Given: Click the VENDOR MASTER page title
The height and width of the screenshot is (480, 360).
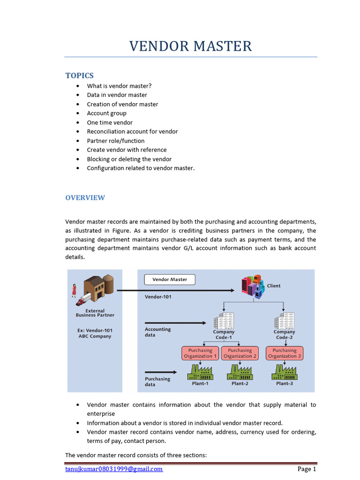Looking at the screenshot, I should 190,46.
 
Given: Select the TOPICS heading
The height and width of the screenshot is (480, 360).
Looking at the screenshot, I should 79,75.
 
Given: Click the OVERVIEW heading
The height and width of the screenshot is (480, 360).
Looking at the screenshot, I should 85,197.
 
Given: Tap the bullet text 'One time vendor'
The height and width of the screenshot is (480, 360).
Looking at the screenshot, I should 110,122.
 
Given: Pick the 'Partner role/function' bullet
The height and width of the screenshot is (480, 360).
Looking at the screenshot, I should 115,141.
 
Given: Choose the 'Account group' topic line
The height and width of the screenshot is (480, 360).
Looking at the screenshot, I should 106,113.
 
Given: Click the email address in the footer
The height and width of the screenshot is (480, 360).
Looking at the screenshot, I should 114,469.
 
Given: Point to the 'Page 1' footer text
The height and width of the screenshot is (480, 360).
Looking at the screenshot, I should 307,469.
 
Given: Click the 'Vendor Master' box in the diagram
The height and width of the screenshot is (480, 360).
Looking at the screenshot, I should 169,279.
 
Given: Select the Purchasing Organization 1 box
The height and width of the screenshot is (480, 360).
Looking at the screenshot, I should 200,353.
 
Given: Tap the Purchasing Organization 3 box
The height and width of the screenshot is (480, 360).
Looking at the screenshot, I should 285,353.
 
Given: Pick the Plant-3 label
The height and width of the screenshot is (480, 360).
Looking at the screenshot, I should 285,383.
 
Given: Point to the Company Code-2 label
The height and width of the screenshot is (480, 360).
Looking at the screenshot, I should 285,335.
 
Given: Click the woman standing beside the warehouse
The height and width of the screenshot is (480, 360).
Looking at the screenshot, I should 74,290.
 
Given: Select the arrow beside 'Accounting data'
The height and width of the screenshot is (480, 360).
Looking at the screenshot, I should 175,322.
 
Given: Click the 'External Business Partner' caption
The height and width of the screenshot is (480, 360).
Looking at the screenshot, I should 95,313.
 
